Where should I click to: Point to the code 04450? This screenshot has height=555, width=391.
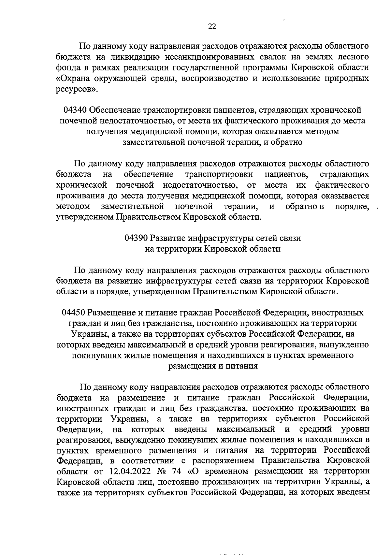click(73, 313)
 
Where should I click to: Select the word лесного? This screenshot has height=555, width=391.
click(353, 57)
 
